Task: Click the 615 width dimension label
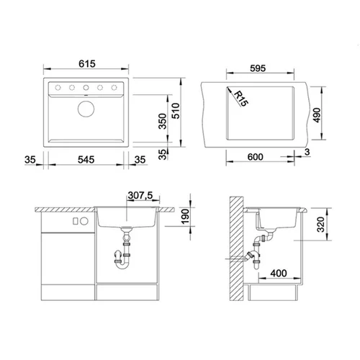pos(87,64)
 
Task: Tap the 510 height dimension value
pos(176,111)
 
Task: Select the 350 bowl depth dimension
pos(163,122)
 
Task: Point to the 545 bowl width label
pos(86,160)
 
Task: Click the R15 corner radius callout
pos(240,99)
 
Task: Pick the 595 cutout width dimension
pos(258,68)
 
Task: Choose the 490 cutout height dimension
pos(317,115)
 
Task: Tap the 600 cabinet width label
pos(256,157)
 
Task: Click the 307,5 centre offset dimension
pos(140,195)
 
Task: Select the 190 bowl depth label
pos(185,217)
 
